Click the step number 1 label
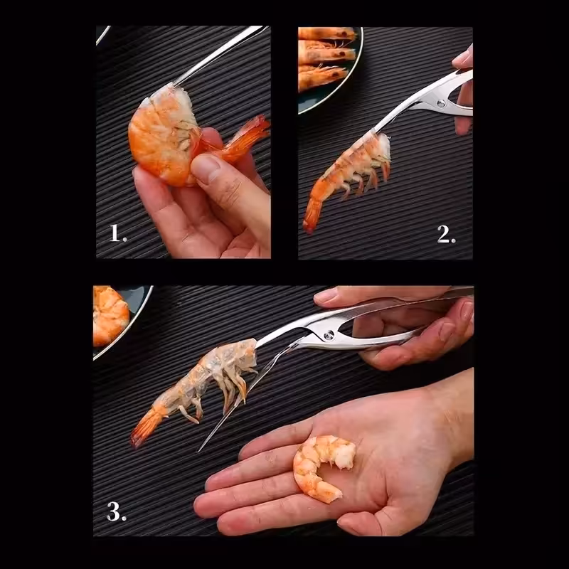pos(118,233)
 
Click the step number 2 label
pos(447,235)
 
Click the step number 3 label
pos(117,511)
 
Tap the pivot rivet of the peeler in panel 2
pos(441,104)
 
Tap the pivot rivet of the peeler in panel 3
pos(329,335)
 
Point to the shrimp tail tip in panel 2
pos(309,228)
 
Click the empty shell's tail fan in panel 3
pos(145,428)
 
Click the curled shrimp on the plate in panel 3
pos(110,316)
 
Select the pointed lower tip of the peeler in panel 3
pos(200,451)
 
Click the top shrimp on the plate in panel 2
pos(326,33)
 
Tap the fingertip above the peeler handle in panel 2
pos(464,58)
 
